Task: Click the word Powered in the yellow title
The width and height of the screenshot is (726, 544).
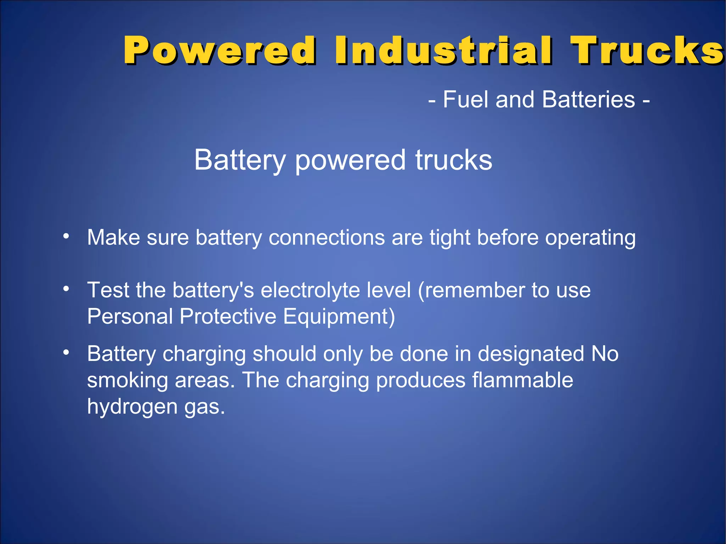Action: click(x=219, y=50)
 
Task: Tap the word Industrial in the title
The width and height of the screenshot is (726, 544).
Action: click(x=443, y=50)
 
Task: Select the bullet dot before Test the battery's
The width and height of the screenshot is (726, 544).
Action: click(x=66, y=289)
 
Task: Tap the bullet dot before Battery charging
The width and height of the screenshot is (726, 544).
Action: click(x=66, y=352)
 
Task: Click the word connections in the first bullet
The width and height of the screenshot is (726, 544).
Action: click(x=326, y=237)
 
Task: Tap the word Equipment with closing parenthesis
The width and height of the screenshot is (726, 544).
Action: click(x=339, y=317)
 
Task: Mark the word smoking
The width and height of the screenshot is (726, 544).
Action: click(x=127, y=381)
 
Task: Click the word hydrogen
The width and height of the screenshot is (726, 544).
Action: click(x=132, y=407)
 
